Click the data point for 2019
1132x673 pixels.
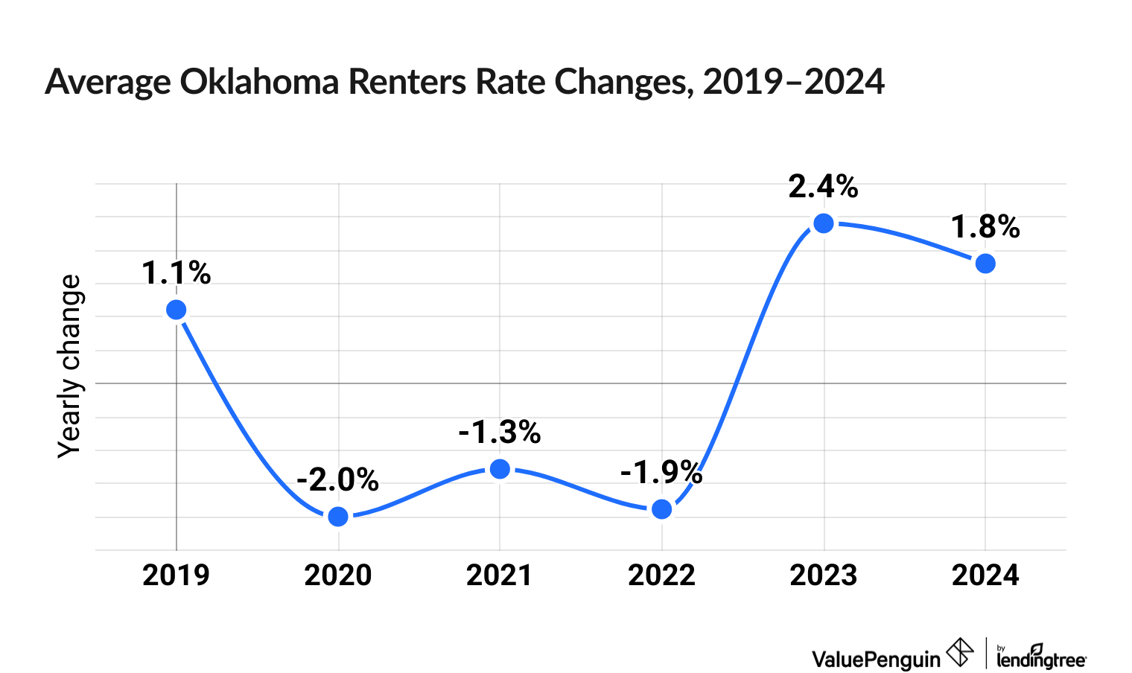coord(177,310)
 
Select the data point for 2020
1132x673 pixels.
coord(338,516)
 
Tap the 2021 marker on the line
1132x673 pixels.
coord(500,468)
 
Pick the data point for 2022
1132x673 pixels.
coord(661,509)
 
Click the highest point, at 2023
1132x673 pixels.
coord(824,223)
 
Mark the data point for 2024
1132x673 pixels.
coord(985,264)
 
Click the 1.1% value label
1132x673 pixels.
coord(177,274)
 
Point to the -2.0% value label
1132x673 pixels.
coord(338,480)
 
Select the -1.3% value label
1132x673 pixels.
coord(500,433)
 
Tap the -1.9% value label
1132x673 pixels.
coord(661,473)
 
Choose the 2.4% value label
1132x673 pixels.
coord(824,187)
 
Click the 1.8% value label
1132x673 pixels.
coord(985,228)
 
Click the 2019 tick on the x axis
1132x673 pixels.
coord(177,575)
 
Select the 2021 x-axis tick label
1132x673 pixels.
coord(500,575)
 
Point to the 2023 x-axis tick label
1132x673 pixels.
coord(824,575)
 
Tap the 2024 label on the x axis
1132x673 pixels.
coord(985,575)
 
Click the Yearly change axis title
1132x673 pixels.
coord(70,366)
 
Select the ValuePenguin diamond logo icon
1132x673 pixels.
coord(959,653)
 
